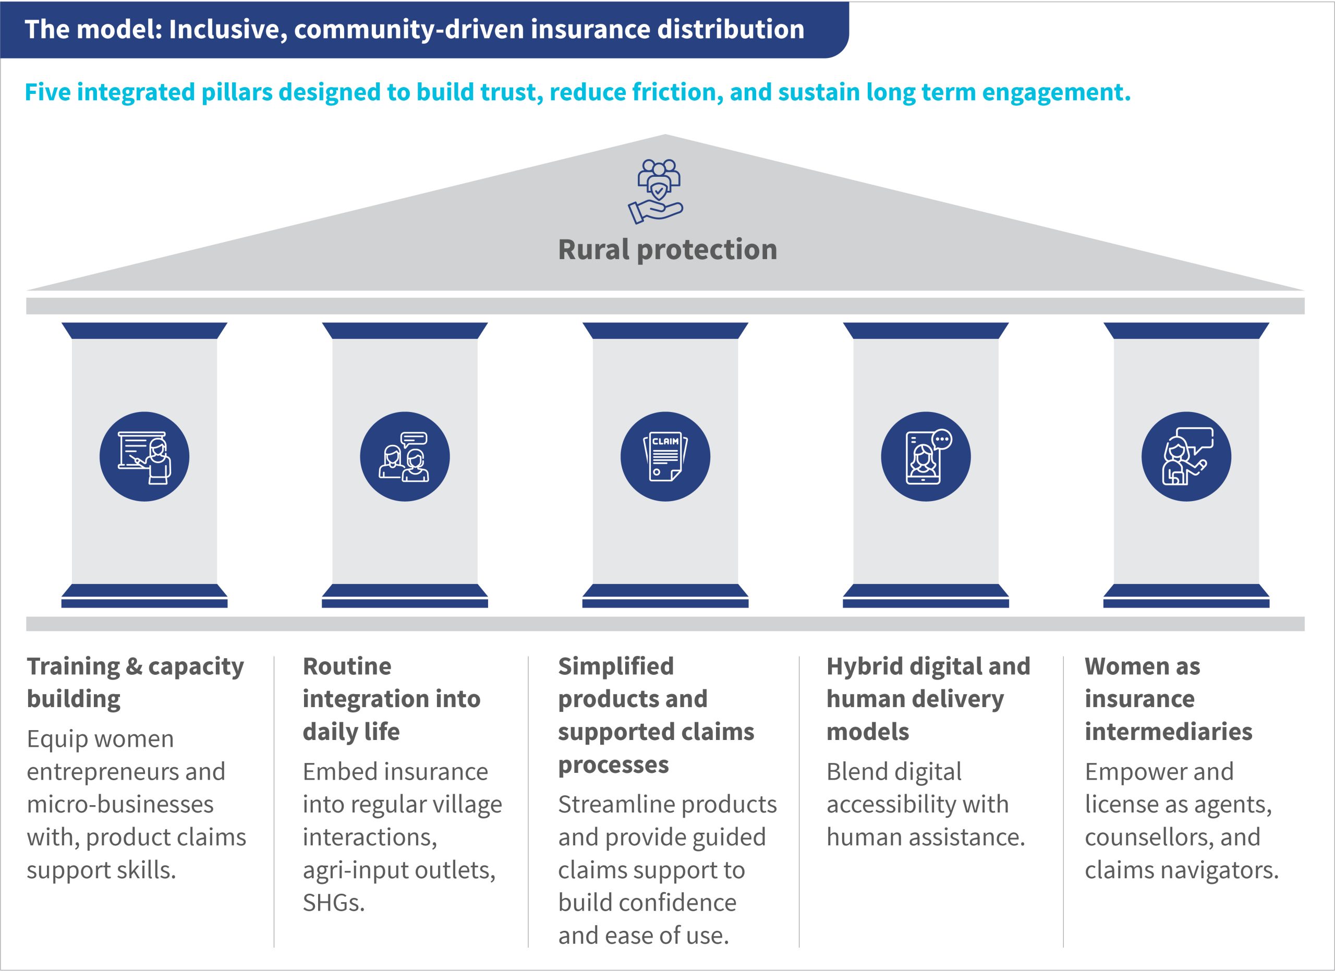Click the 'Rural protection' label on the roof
pos(667,249)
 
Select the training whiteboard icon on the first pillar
pos(144,457)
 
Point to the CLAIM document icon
pos(665,457)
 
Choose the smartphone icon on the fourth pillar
pos(925,457)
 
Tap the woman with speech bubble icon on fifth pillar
pos(1185,457)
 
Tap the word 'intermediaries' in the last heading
pos(1169,732)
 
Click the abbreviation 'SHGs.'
pos(334,903)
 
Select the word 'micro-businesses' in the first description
pos(120,805)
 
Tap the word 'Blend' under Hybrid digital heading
pos(857,771)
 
